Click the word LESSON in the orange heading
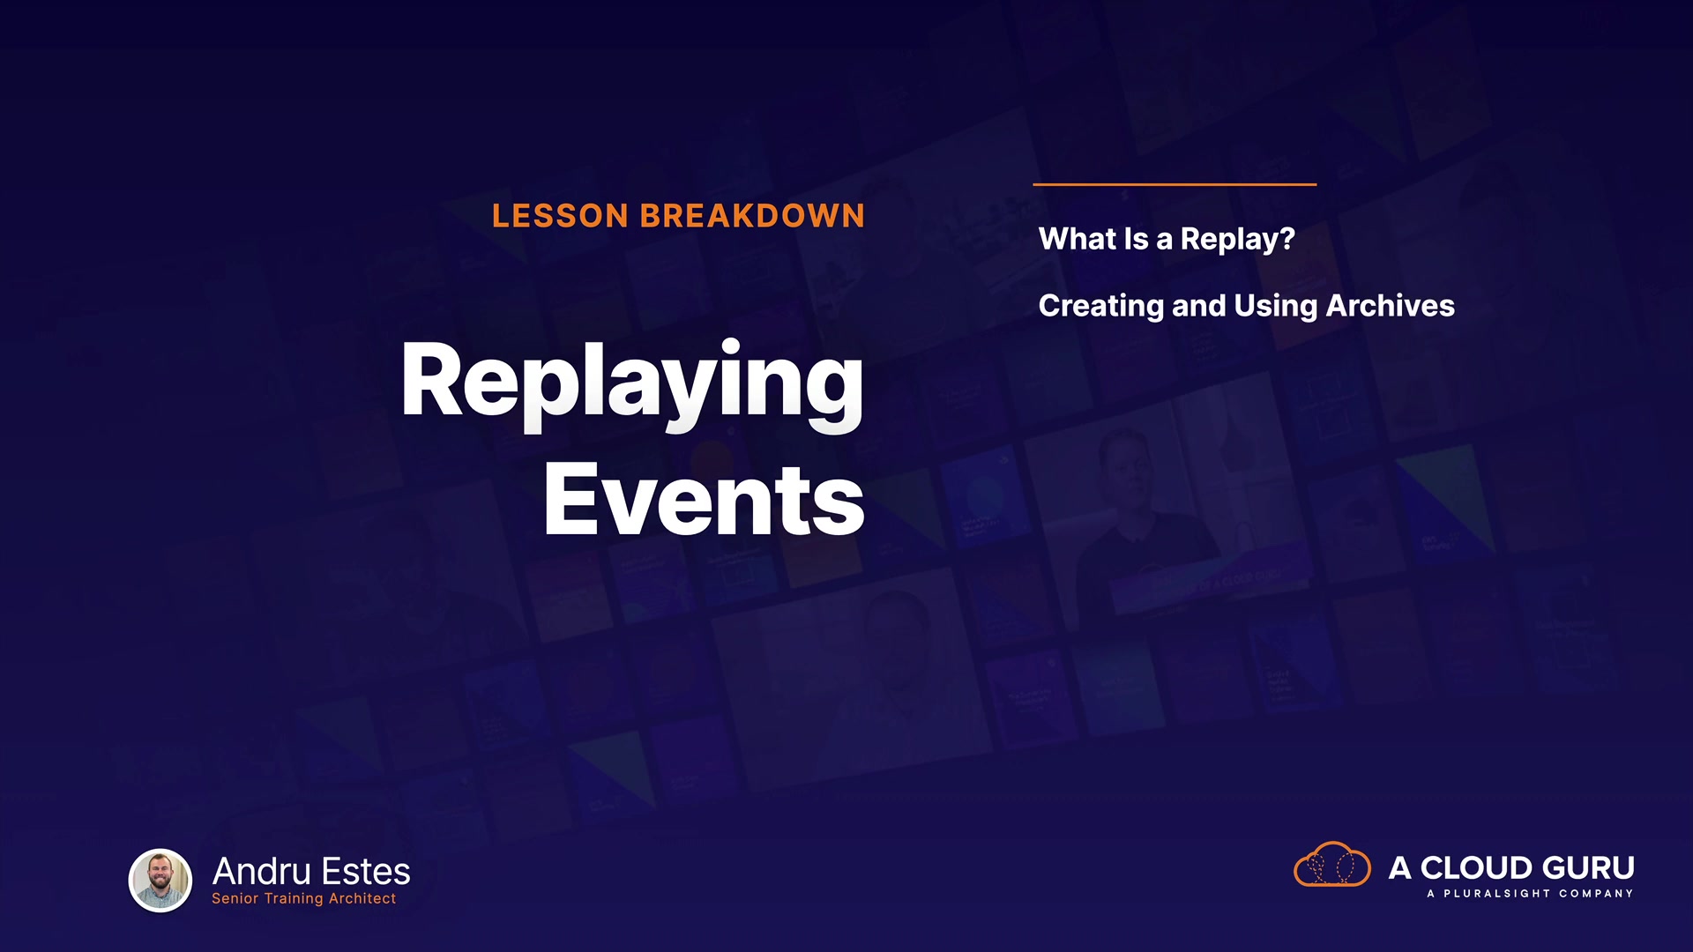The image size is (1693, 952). (x=560, y=216)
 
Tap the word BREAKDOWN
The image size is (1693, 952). (x=752, y=216)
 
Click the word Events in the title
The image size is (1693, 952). (x=704, y=500)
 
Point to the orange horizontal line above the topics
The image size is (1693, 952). (x=1175, y=184)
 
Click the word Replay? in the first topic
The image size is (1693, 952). (x=1237, y=240)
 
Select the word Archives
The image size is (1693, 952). (x=1390, y=306)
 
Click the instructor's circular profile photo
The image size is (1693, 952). (x=160, y=880)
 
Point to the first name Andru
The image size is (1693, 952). (x=261, y=872)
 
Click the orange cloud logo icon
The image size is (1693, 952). (x=1331, y=864)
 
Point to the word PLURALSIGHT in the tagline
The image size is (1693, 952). (x=1496, y=894)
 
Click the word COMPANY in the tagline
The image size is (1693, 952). (x=1596, y=894)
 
